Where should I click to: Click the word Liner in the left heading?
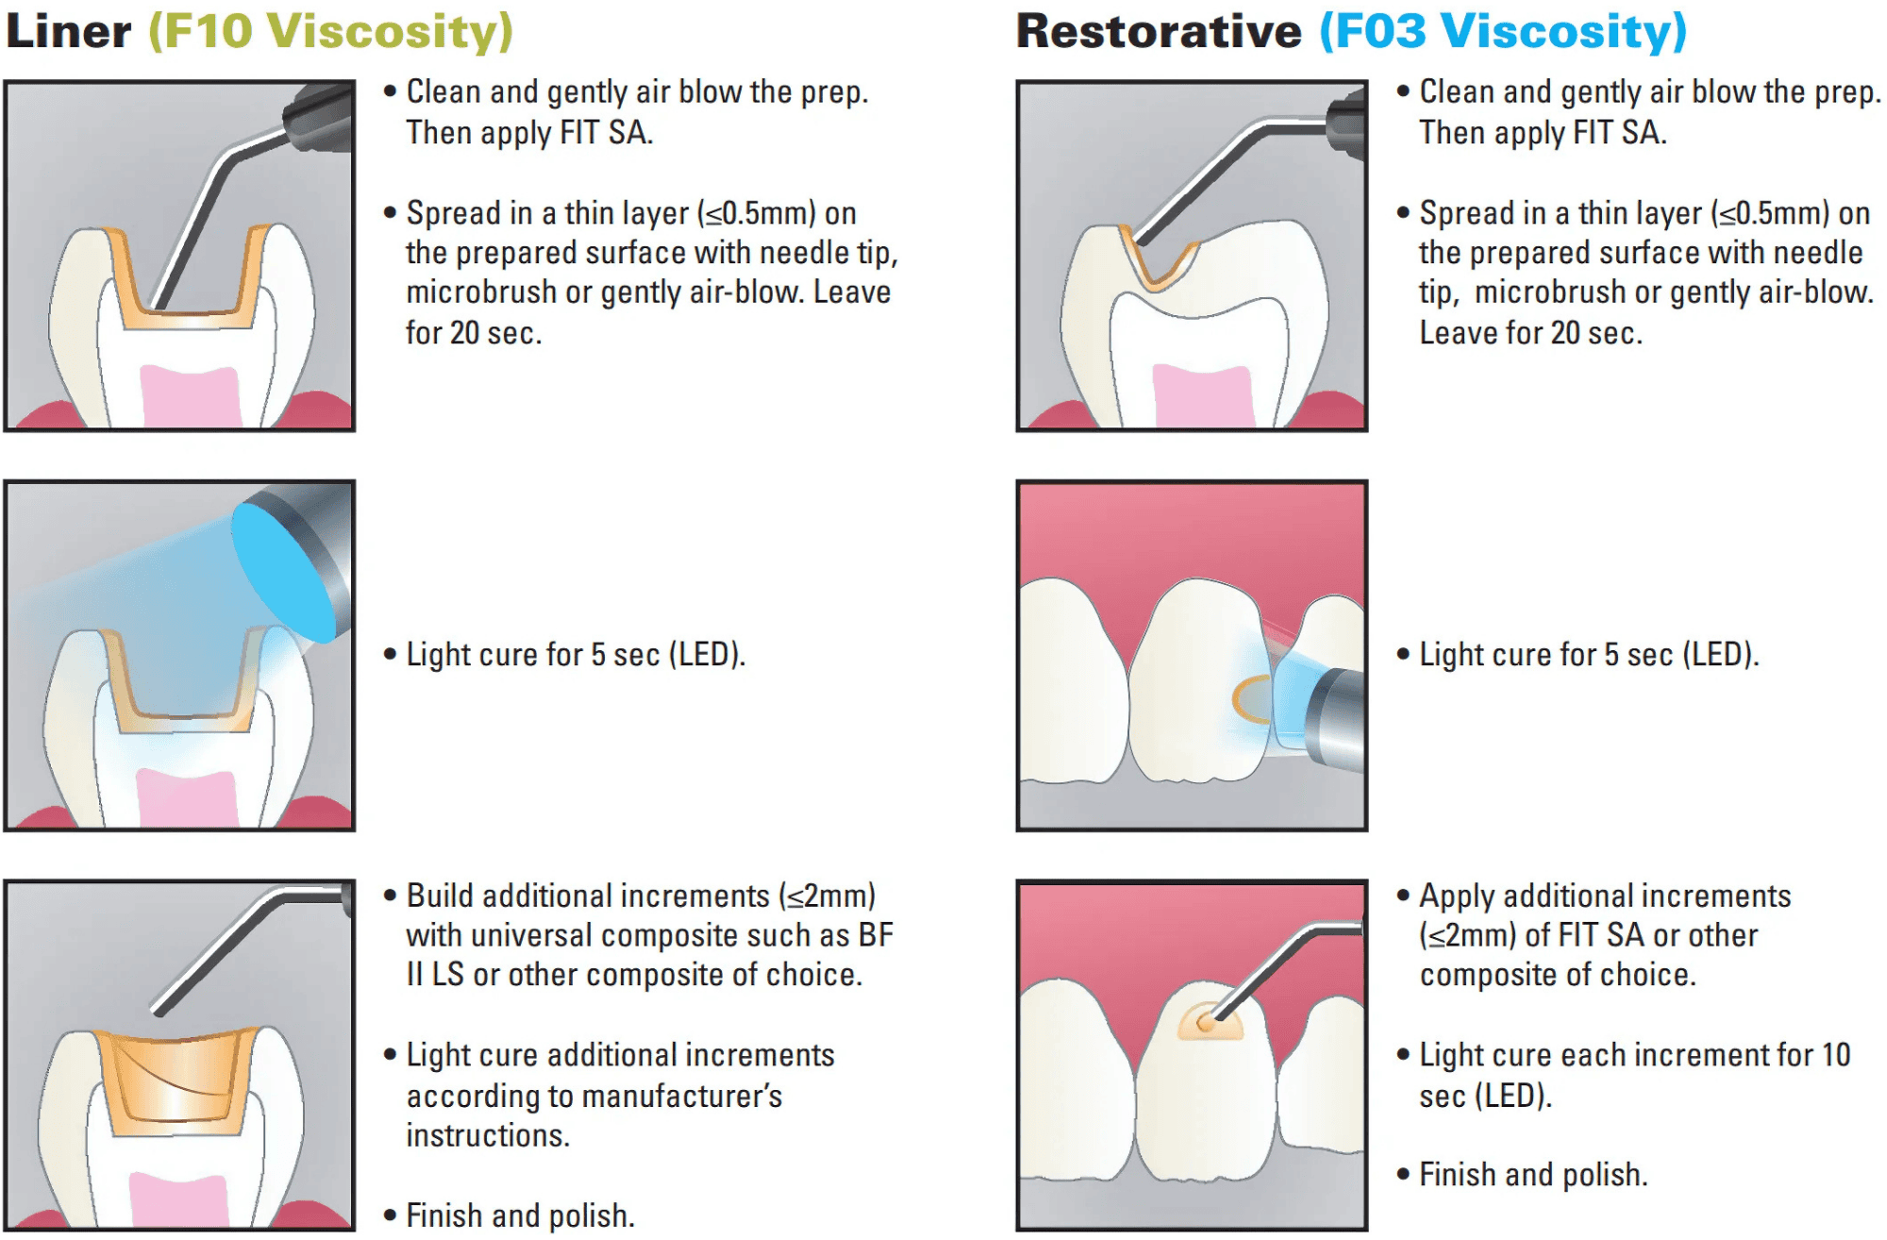coord(68,31)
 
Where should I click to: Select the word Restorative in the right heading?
coord(1159,31)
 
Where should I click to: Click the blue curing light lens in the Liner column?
coord(283,571)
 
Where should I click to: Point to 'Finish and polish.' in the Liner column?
coord(520,1215)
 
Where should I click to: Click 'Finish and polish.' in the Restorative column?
coord(1533,1175)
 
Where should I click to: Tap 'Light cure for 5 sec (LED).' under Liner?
coord(576,655)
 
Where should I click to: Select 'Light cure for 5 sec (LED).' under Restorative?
coord(1589,655)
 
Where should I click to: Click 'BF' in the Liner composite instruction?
coord(876,935)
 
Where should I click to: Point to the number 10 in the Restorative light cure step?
coord(1835,1055)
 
